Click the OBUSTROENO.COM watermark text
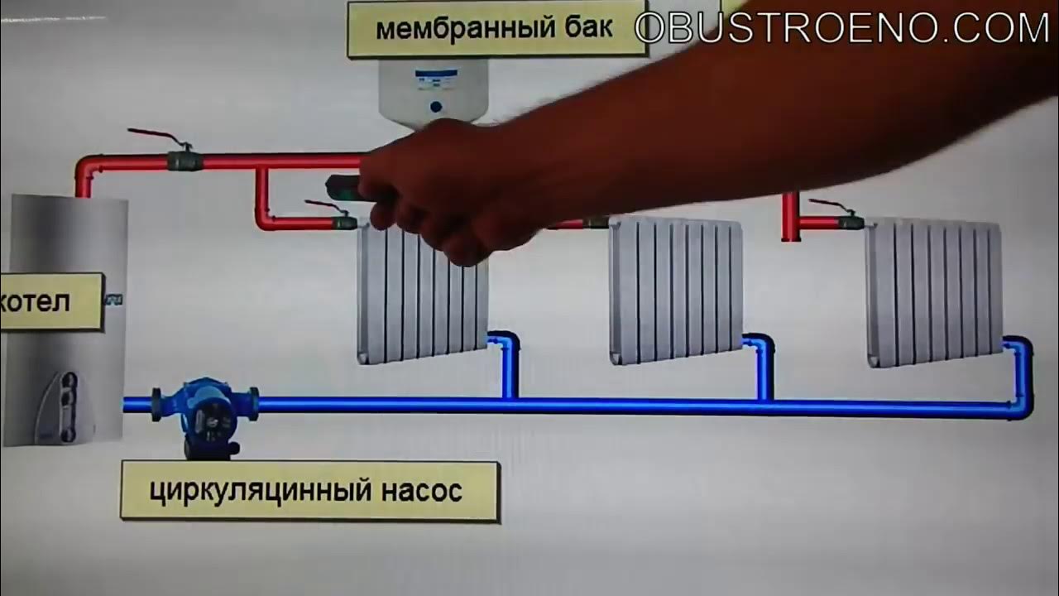click(842, 27)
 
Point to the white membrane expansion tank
click(433, 93)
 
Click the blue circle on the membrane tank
click(436, 107)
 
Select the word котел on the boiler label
click(35, 301)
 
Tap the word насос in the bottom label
click(422, 491)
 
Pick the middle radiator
click(676, 290)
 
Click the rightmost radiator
click(934, 292)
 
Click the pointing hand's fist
click(449, 190)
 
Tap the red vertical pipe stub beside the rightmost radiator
click(789, 217)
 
